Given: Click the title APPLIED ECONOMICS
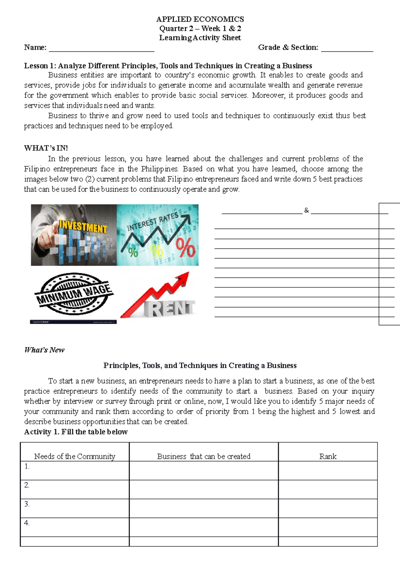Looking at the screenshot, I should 200,19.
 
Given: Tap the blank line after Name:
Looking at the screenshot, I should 102,49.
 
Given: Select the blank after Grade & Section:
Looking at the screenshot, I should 347,49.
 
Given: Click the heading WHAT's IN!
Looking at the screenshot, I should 46,148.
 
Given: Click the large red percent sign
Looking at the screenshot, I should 185,248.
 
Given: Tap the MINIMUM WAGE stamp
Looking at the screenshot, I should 74,293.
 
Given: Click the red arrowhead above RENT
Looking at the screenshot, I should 183,278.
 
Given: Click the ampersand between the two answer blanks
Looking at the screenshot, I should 306,210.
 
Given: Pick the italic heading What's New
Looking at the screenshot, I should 44,350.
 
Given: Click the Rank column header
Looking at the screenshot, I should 328,456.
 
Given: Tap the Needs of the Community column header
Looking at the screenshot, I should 75,456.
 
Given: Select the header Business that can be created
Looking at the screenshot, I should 204,456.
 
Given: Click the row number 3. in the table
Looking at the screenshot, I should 27,504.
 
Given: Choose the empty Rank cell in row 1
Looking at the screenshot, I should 328,471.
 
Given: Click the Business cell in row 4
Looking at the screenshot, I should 204,527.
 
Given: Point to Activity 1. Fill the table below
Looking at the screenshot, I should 76,432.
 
